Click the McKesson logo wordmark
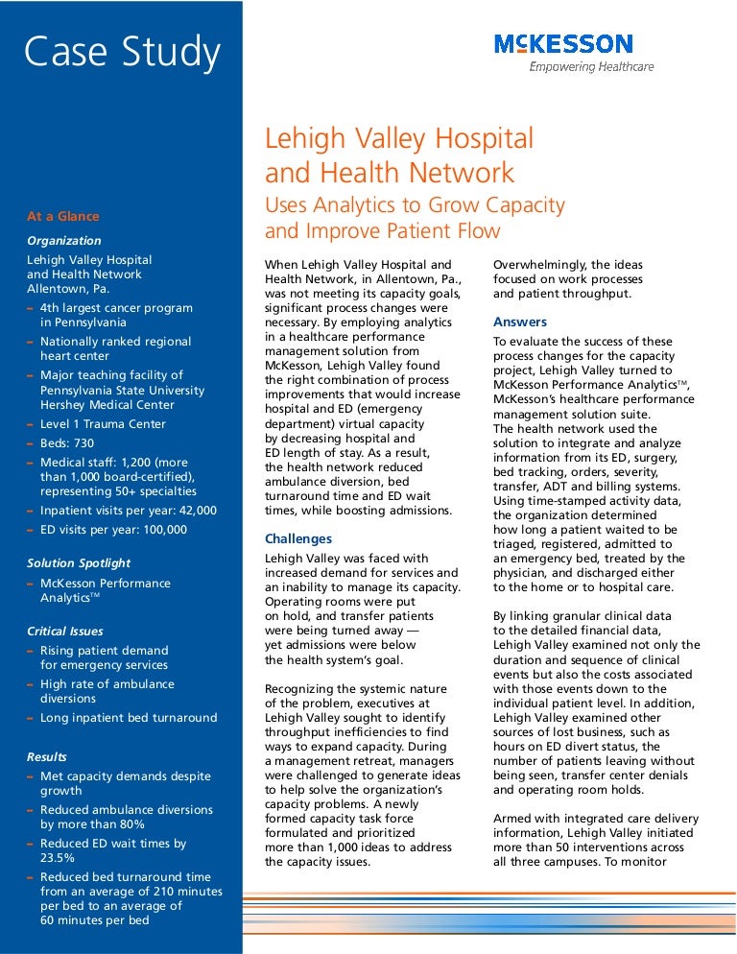coord(563,44)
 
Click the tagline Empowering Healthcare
coord(592,67)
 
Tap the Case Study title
coord(122,52)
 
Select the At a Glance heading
coord(62,217)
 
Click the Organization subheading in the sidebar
coord(63,241)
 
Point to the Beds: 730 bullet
coord(67,442)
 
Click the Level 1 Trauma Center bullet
coord(103,423)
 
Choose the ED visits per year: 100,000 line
coord(113,530)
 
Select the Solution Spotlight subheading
coord(79,562)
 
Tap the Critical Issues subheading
coord(65,632)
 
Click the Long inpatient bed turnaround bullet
coord(129,718)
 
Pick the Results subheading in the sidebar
coord(47,757)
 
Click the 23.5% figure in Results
coord(56,858)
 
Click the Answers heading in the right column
coord(520,322)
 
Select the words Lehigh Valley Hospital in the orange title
coord(398,139)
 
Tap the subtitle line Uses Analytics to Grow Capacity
coord(415,204)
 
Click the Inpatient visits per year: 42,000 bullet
coord(129,511)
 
